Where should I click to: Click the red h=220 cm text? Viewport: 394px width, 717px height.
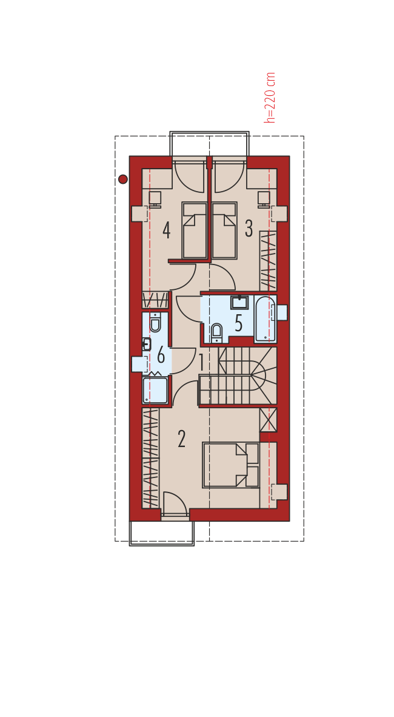270,98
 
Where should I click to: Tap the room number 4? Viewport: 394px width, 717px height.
166,230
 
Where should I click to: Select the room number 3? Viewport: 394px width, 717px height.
249,229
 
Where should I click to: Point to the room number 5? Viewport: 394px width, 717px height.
238,323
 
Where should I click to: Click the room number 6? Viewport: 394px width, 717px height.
161,355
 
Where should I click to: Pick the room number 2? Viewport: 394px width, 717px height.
181,439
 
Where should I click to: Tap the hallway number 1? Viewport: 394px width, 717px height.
202,363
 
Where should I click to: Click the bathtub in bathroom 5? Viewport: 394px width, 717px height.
265,319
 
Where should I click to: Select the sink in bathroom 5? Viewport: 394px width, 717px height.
239,302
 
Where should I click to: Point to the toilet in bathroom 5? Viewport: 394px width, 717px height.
216,332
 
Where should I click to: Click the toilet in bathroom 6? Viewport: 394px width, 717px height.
155,322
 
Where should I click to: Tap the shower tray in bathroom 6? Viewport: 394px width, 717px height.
155,390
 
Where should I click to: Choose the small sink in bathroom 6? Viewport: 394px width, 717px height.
147,345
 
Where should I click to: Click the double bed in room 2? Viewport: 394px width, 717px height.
231,465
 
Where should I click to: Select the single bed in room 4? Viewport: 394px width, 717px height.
195,231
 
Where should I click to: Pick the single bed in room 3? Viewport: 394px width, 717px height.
224,231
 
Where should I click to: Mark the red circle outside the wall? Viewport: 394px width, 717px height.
123,180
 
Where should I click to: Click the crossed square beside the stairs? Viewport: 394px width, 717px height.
269,420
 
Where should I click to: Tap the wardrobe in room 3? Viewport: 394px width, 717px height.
269,261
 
